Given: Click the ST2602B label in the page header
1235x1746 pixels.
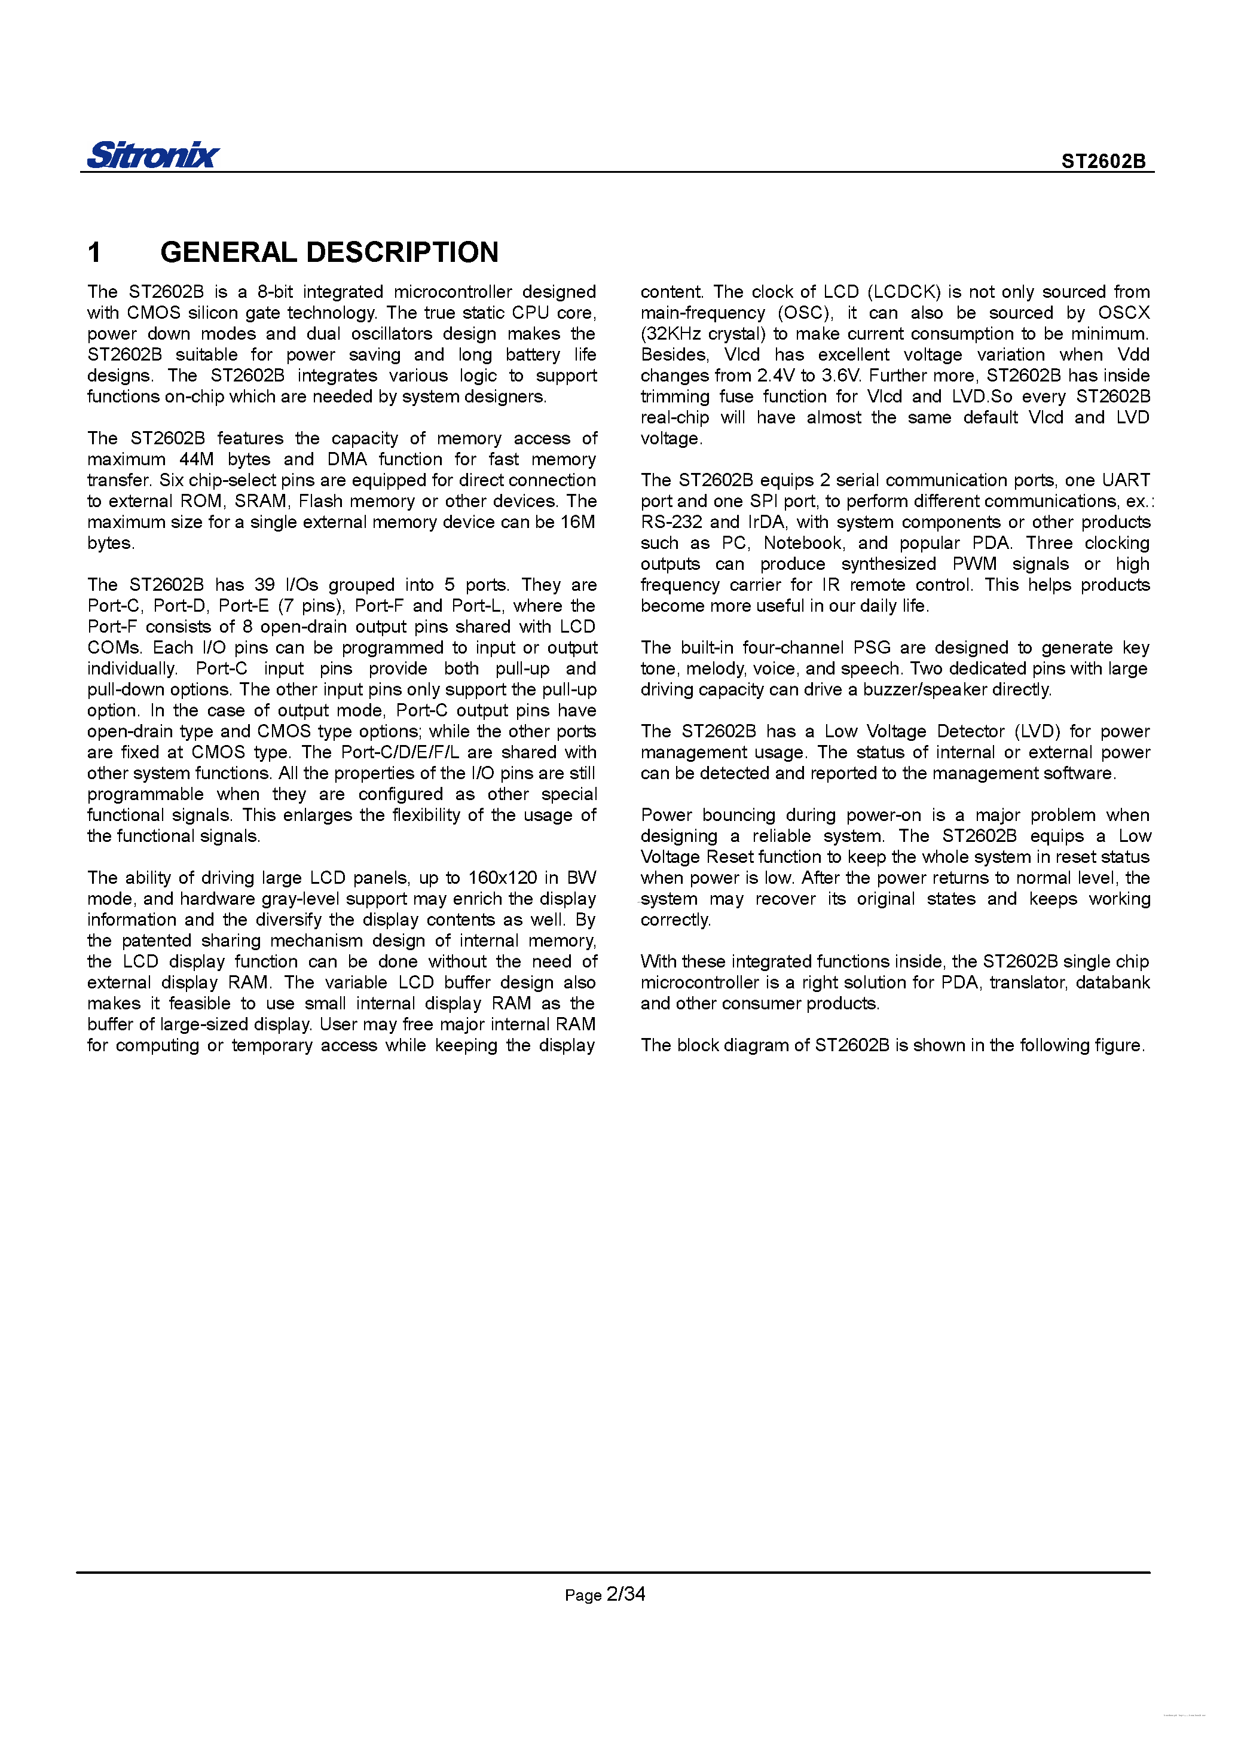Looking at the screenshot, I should point(1103,161).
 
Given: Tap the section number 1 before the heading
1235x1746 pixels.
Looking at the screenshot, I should point(94,252).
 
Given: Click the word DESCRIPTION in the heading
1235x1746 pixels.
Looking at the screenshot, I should point(402,252).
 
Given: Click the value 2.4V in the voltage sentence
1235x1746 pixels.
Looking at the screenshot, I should point(776,376).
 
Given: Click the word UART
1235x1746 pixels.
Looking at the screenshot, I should point(1126,480).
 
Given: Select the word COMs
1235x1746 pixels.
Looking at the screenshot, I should point(114,648).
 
